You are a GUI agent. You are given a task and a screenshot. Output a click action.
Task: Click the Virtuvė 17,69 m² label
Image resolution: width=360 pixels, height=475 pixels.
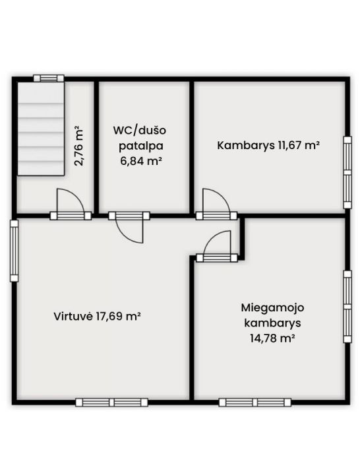tap(97, 316)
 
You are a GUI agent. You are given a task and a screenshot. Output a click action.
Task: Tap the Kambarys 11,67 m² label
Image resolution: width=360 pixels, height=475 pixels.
tap(268, 145)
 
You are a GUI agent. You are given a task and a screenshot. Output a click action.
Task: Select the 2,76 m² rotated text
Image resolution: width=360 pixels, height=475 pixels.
tap(79, 146)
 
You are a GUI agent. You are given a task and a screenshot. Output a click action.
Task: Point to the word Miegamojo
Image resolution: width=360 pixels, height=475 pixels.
tap(272, 308)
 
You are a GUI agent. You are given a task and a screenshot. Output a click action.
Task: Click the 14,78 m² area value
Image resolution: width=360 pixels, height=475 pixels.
tap(272, 338)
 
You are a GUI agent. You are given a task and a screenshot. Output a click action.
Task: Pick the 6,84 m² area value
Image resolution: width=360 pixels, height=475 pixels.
tap(140, 161)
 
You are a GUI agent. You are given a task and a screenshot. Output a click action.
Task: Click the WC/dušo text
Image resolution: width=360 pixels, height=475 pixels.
tap(140, 131)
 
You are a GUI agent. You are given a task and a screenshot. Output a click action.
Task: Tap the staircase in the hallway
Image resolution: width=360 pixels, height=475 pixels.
tap(41, 129)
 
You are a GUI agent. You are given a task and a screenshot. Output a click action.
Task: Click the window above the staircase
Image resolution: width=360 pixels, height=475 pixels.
tap(48, 78)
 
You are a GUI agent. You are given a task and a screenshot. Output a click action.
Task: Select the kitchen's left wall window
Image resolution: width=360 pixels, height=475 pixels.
tap(14, 251)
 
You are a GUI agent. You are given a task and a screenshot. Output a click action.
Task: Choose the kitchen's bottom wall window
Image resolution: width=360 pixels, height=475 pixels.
tap(111, 402)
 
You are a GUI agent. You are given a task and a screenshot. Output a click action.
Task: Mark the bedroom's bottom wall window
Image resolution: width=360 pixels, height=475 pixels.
tap(255, 402)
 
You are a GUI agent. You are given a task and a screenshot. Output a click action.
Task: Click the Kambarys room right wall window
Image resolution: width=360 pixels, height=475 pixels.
tap(347, 172)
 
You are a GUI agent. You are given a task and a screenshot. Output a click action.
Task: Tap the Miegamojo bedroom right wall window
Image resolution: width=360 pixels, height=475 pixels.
tap(347, 307)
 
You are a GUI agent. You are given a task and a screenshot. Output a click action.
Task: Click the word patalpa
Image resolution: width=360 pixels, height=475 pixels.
tap(141, 146)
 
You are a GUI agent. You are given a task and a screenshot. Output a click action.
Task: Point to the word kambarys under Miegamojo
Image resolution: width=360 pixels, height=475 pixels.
tap(272, 323)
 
